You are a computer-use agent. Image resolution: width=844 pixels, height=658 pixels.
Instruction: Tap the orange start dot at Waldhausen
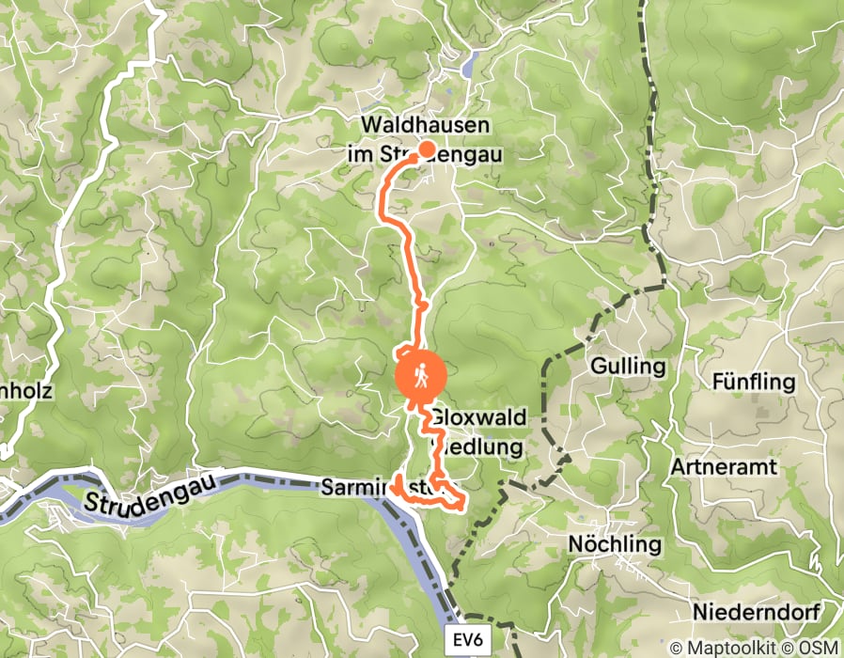pos(426,149)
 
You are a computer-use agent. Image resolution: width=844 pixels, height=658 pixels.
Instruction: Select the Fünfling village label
pos(754,383)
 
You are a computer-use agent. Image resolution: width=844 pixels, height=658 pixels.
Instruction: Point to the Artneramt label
pos(721,467)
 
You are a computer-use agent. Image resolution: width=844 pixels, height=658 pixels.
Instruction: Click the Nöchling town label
pos(615,544)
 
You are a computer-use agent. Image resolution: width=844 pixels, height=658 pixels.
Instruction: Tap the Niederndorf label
pos(757,613)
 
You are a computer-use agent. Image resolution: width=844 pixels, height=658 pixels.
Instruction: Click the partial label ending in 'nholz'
pos(25,391)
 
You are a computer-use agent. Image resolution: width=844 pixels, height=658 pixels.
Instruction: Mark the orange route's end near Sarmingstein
pos(399,480)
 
